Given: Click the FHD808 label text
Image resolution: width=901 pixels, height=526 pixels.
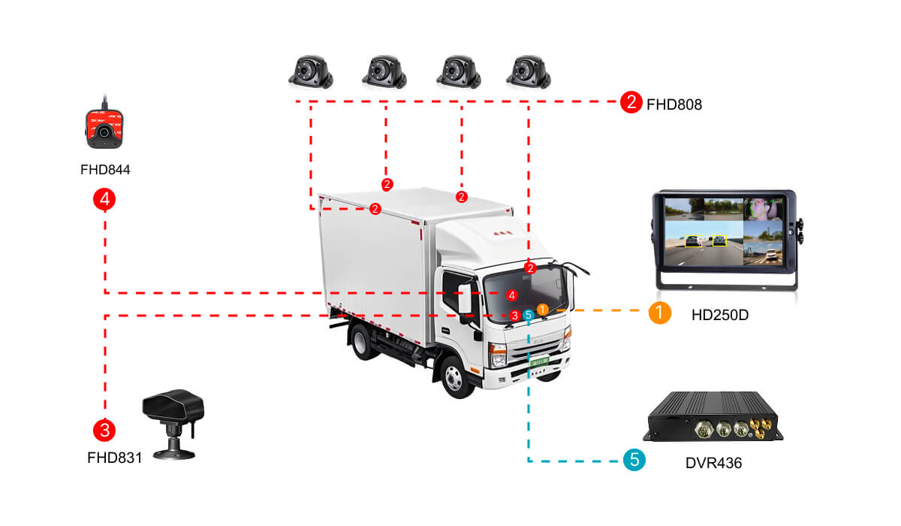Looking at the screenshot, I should pyautogui.click(x=674, y=104).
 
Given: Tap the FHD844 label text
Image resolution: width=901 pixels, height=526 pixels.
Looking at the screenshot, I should pyautogui.click(x=105, y=170).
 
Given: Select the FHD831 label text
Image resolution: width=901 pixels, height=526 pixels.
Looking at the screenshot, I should pyautogui.click(x=114, y=456).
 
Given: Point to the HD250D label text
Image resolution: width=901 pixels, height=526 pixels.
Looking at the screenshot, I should pyautogui.click(x=720, y=315).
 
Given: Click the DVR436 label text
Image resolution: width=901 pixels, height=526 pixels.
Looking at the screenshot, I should pyautogui.click(x=713, y=463).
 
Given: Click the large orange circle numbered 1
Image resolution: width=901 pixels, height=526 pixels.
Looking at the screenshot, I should pyautogui.click(x=659, y=313).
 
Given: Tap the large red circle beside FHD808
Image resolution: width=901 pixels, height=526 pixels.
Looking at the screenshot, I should pyautogui.click(x=631, y=102).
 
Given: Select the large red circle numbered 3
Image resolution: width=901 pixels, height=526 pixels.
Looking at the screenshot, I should pyautogui.click(x=104, y=431).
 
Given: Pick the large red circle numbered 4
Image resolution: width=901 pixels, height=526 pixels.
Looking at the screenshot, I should pyautogui.click(x=104, y=200).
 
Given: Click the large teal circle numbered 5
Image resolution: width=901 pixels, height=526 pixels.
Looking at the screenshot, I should pyautogui.click(x=634, y=460).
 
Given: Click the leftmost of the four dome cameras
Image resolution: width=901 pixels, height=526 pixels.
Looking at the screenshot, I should pyautogui.click(x=310, y=70).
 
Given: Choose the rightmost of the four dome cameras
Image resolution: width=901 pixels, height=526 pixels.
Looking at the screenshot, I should pyautogui.click(x=529, y=70).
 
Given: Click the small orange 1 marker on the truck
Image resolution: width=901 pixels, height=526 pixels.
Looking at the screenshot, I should pyautogui.click(x=542, y=309).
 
